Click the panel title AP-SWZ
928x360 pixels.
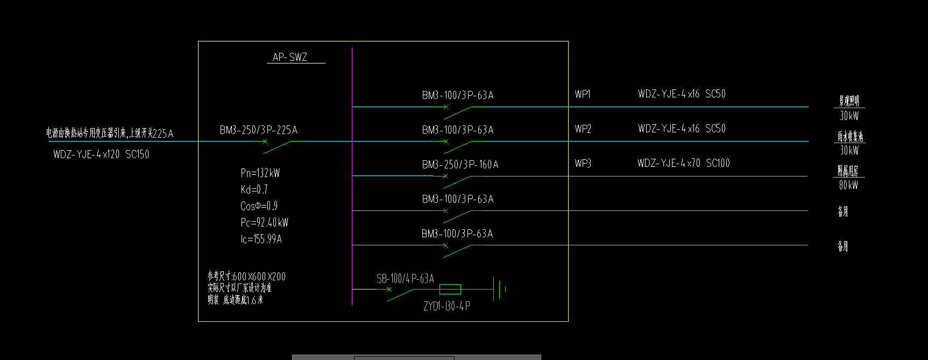(x=290, y=57)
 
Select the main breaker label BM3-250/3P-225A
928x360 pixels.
(x=258, y=130)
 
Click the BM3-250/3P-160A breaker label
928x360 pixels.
(x=460, y=165)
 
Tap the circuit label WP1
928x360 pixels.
(x=583, y=95)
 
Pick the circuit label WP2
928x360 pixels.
(x=583, y=129)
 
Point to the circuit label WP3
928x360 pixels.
(x=583, y=164)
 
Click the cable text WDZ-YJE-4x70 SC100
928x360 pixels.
(x=683, y=163)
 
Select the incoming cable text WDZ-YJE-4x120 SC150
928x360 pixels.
(x=101, y=154)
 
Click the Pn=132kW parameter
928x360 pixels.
(x=260, y=173)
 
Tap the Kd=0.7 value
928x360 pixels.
(x=254, y=189)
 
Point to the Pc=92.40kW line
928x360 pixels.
(x=264, y=222)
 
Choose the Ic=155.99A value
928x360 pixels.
(x=261, y=239)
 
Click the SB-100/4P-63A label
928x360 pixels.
(x=405, y=279)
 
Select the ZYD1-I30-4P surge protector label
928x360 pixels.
(x=447, y=306)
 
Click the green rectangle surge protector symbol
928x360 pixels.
(x=450, y=290)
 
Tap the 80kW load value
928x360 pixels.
(x=848, y=185)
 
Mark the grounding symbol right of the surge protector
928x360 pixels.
(x=500, y=289)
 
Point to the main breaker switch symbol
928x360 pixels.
(x=277, y=146)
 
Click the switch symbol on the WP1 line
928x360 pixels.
(x=457, y=111)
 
